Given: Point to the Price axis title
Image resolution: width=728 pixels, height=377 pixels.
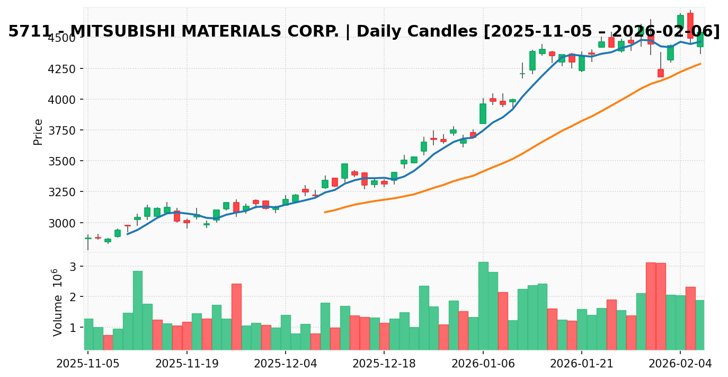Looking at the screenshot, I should pos(38,131).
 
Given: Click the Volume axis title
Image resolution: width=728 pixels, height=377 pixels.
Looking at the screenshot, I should pos(57,302).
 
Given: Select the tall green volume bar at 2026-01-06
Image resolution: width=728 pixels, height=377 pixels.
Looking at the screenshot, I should pos(483,305).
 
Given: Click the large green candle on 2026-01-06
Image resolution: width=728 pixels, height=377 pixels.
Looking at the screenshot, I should pos(483,113).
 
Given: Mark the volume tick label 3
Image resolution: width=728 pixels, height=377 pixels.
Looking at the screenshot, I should pos(73,266).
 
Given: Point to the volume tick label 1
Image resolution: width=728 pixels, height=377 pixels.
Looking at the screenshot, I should pos(73,328).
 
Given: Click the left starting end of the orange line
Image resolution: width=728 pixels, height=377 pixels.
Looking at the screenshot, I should pos(325,212).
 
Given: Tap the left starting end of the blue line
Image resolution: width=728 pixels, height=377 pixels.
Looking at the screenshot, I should pos(127,234).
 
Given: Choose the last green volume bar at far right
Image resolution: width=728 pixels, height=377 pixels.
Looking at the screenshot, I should pos(700,325).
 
